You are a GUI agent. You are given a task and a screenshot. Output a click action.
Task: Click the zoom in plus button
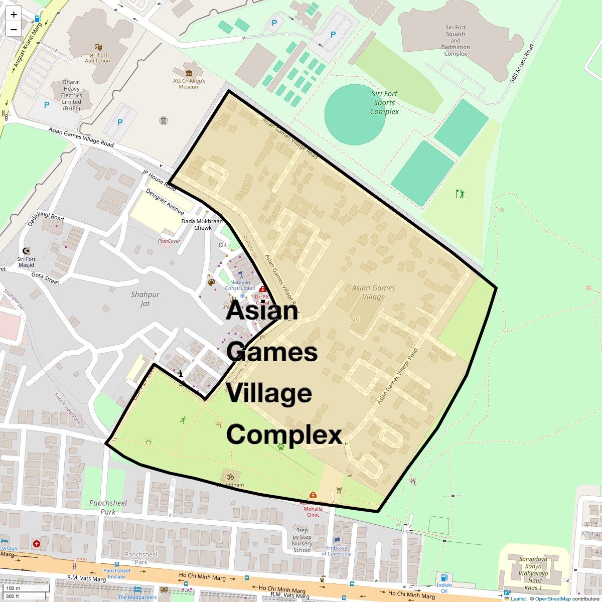(14, 15)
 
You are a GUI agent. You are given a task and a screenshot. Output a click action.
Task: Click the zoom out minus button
(14, 29)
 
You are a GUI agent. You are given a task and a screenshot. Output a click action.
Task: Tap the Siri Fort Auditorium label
(98, 58)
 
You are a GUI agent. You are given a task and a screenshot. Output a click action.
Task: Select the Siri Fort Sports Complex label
(384, 103)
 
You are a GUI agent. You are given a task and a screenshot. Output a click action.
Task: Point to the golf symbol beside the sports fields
(460, 193)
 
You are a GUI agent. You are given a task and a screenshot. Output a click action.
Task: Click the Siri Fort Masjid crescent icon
(26, 250)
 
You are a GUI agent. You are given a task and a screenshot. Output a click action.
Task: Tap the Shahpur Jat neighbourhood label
(145, 299)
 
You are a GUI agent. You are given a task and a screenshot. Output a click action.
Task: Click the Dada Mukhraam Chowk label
(203, 224)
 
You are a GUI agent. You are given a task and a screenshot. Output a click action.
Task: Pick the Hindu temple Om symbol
(230, 475)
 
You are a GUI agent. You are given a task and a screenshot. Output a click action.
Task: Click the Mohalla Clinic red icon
(314, 495)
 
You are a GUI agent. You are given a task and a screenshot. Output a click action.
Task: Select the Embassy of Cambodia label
(336, 550)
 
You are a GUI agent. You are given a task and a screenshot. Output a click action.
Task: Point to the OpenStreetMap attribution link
(552, 599)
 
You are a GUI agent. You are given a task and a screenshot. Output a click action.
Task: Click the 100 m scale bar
(14, 588)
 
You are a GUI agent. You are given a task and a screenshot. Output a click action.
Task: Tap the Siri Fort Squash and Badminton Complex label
(456, 41)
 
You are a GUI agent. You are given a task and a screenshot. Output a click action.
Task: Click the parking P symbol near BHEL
(47, 105)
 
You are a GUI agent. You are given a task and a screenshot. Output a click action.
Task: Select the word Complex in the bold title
(284, 434)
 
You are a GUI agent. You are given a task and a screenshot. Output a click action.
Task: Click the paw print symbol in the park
(281, 445)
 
